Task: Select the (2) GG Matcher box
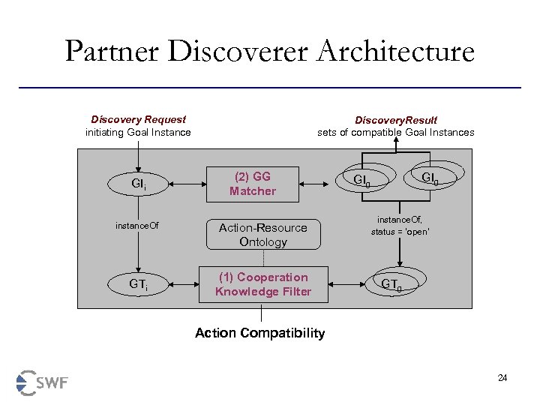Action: [253, 184]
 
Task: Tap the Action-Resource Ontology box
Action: [262, 235]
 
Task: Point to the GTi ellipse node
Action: [138, 285]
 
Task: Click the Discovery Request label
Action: [139, 119]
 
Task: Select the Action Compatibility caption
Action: [259, 332]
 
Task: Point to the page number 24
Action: [502, 377]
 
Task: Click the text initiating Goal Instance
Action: [139, 133]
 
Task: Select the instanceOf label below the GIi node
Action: [136, 225]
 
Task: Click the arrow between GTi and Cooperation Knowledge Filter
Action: [184, 285]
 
